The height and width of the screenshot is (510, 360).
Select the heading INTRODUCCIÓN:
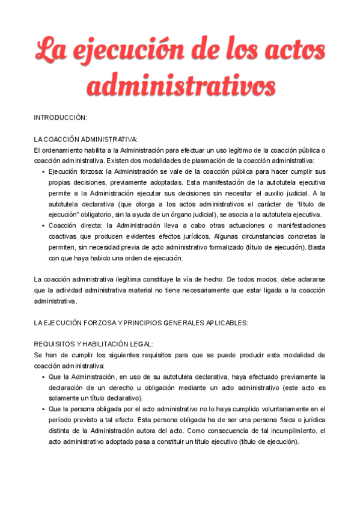click(60, 117)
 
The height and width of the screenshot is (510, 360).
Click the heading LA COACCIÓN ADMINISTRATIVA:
click(85, 139)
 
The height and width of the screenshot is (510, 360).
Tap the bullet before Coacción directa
click(43, 226)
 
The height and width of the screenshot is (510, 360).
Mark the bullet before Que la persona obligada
click(43, 409)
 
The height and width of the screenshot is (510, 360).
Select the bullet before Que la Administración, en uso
click(43, 376)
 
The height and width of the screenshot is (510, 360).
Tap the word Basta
click(316, 247)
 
